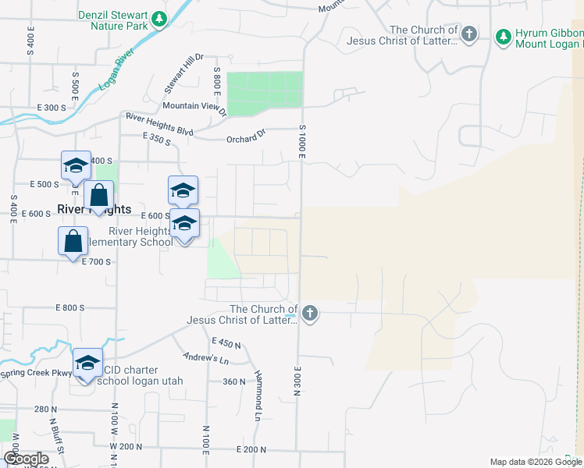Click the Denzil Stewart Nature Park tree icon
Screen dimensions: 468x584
tap(159, 18)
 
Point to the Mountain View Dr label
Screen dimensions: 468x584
tap(194, 107)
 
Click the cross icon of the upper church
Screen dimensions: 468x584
tap(468, 34)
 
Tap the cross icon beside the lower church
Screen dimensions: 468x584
tap(310, 314)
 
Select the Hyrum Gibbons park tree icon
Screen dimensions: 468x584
tap(504, 36)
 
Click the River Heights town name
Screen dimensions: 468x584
tap(94, 209)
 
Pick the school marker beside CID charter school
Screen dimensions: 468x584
tap(87, 363)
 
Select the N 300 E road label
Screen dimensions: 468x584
tap(297, 381)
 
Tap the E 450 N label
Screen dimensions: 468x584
tap(226, 342)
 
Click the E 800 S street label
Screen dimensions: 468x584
tap(70, 308)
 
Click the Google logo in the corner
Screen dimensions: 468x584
tap(26, 459)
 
